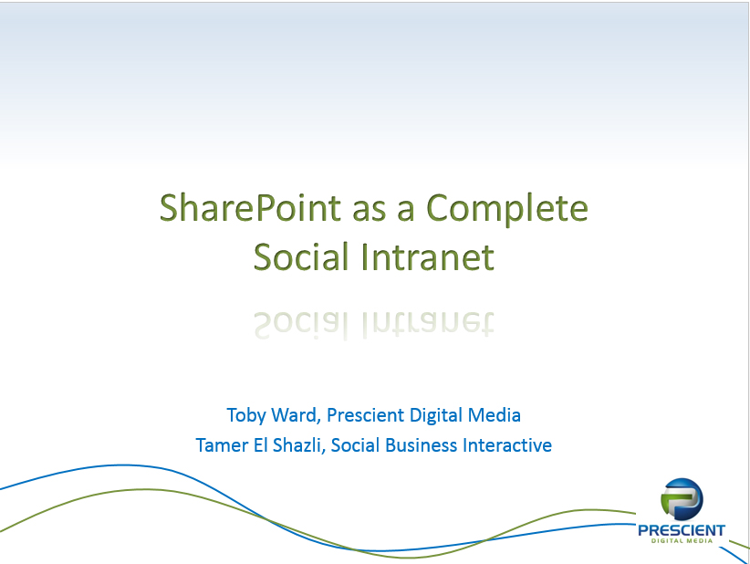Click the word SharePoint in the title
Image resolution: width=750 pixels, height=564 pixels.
[x=250, y=208]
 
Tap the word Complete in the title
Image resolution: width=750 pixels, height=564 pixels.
[x=506, y=209]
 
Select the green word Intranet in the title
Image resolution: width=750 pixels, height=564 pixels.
[x=427, y=256]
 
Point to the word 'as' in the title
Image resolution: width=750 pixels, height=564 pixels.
[x=369, y=212]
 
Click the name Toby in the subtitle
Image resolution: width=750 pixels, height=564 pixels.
[x=247, y=415]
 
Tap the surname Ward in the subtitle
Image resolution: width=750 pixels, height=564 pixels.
[x=296, y=414]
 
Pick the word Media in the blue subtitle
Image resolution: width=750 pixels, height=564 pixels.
[x=495, y=414]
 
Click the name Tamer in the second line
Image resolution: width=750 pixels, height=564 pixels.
[x=222, y=445]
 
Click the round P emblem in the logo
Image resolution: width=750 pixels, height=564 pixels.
[x=682, y=499]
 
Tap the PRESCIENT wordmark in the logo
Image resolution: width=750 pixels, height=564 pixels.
[x=682, y=530]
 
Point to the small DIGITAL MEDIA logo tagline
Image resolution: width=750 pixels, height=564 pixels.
[x=682, y=541]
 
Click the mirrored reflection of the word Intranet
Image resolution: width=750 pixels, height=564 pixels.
[x=427, y=324]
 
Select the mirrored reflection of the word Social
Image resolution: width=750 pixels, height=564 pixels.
[x=301, y=325]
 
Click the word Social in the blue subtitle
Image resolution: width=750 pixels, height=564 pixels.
[x=356, y=445]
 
